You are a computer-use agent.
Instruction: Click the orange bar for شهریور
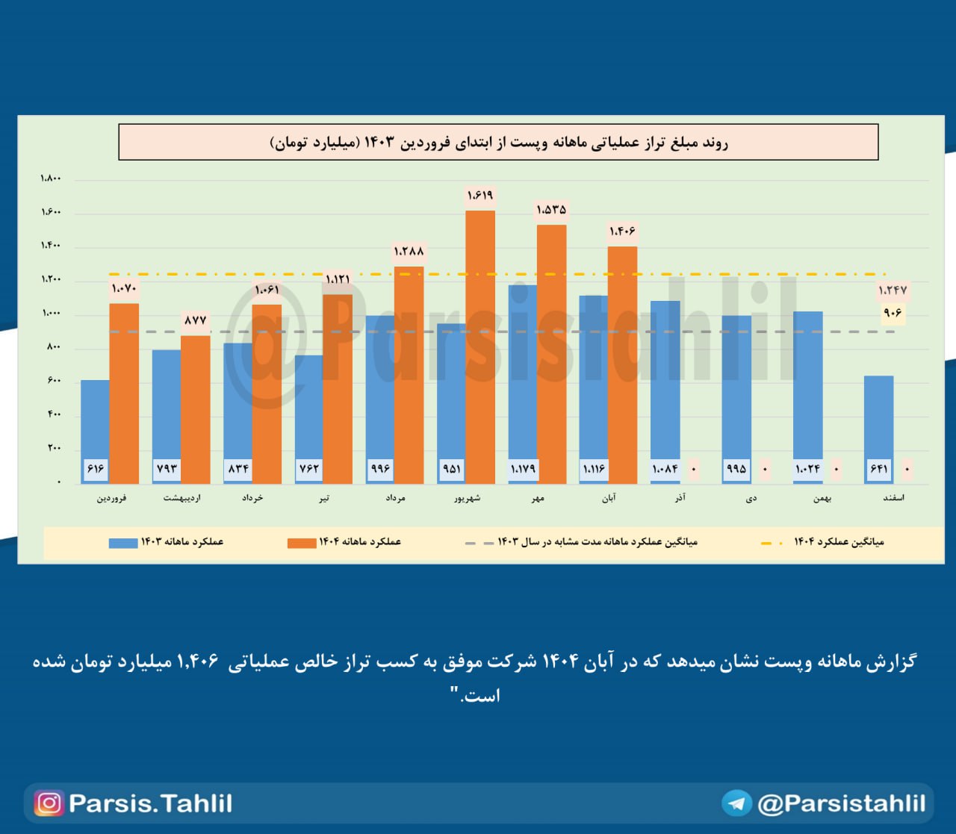(480, 347)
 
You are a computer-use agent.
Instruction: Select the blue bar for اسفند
(878, 418)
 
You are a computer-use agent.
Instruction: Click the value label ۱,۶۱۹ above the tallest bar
(480, 196)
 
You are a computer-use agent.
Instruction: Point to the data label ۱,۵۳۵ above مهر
(551, 210)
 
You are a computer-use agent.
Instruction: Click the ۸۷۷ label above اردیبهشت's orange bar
(195, 320)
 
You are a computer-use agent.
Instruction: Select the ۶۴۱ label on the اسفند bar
(878, 469)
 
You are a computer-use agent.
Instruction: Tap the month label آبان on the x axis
(609, 498)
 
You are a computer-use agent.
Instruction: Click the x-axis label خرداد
(252, 498)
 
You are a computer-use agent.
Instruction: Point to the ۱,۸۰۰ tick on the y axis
(51, 178)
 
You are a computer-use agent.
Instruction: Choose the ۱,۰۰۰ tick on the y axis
(51, 313)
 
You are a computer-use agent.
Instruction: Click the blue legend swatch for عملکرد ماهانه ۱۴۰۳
(123, 543)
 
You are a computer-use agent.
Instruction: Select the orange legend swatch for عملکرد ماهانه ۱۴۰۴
(302, 543)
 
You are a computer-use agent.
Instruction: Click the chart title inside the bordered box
(498, 143)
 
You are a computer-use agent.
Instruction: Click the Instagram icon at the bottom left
(49, 803)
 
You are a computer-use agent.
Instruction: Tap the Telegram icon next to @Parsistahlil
(736, 803)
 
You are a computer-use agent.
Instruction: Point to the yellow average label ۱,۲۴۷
(893, 290)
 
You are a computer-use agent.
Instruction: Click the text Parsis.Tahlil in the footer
(150, 803)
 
